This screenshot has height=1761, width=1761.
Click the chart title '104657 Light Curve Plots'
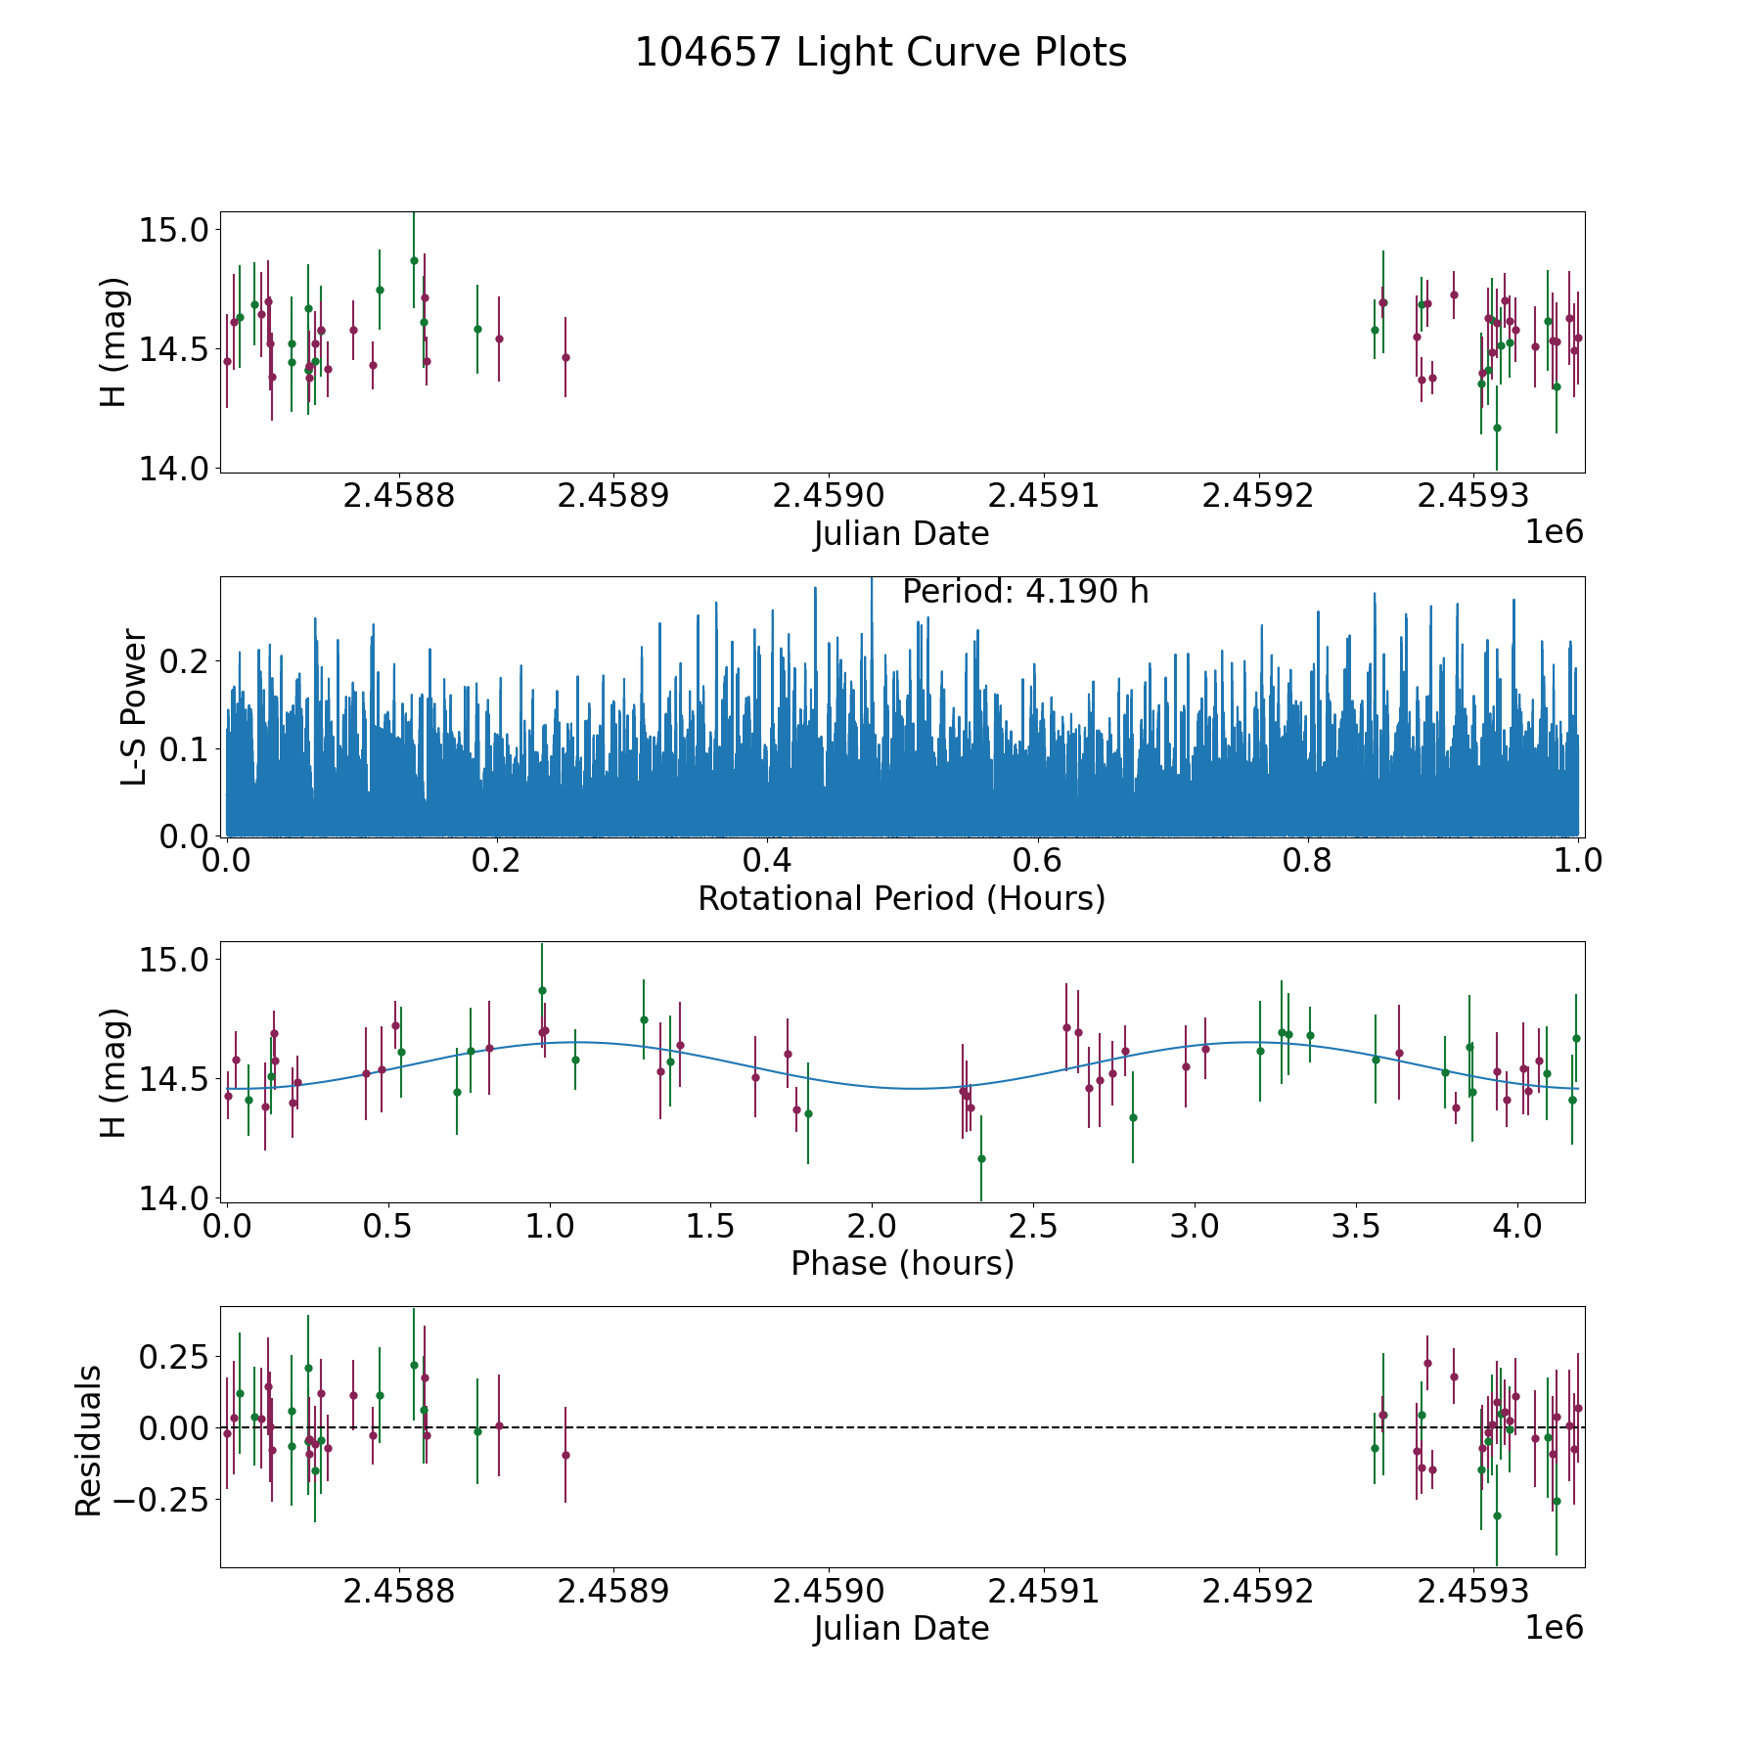pyautogui.click(x=880, y=53)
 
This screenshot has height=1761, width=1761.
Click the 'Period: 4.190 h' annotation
pyautogui.click(x=1024, y=592)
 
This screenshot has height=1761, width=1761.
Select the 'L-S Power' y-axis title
pyautogui.click(x=134, y=707)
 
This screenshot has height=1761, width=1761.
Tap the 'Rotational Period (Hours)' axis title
pyautogui.click(x=901, y=898)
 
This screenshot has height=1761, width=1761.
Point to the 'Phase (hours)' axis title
pyautogui.click(x=901, y=1263)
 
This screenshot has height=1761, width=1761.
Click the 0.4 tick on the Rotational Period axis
pyautogui.click(x=767, y=861)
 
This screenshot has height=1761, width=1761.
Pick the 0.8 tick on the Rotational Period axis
pyautogui.click(x=1308, y=861)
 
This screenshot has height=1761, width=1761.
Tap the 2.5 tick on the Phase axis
pyautogui.click(x=1033, y=1226)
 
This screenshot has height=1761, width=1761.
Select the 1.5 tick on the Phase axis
pyautogui.click(x=710, y=1226)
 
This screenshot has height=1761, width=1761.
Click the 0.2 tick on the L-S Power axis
pyautogui.click(x=185, y=661)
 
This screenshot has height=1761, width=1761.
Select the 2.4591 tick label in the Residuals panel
pyautogui.click(x=1044, y=1591)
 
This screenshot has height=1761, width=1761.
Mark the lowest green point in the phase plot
pyautogui.click(x=981, y=1158)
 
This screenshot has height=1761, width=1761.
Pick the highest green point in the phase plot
pyautogui.click(x=542, y=990)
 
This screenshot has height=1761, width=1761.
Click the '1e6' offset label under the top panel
pyautogui.click(x=1554, y=532)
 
